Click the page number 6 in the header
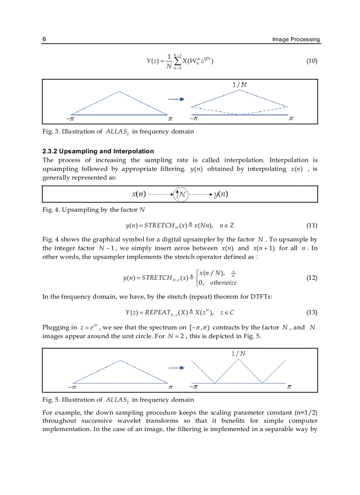44,39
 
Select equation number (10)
311,61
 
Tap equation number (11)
311,226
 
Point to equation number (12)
311,278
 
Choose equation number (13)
311,313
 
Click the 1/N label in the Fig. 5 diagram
238,353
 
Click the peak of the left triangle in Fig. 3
119,92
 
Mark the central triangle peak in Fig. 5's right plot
238,359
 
